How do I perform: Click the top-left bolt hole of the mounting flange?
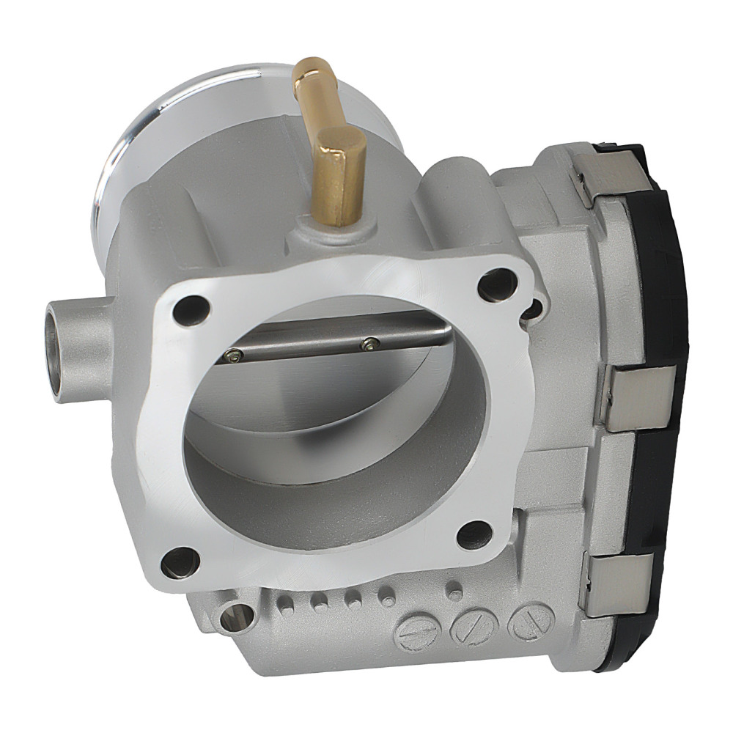click(x=188, y=310)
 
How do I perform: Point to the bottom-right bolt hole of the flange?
click(x=474, y=535)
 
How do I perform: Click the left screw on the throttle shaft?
click(x=234, y=356)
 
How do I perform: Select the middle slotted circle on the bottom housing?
click(x=474, y=627)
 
